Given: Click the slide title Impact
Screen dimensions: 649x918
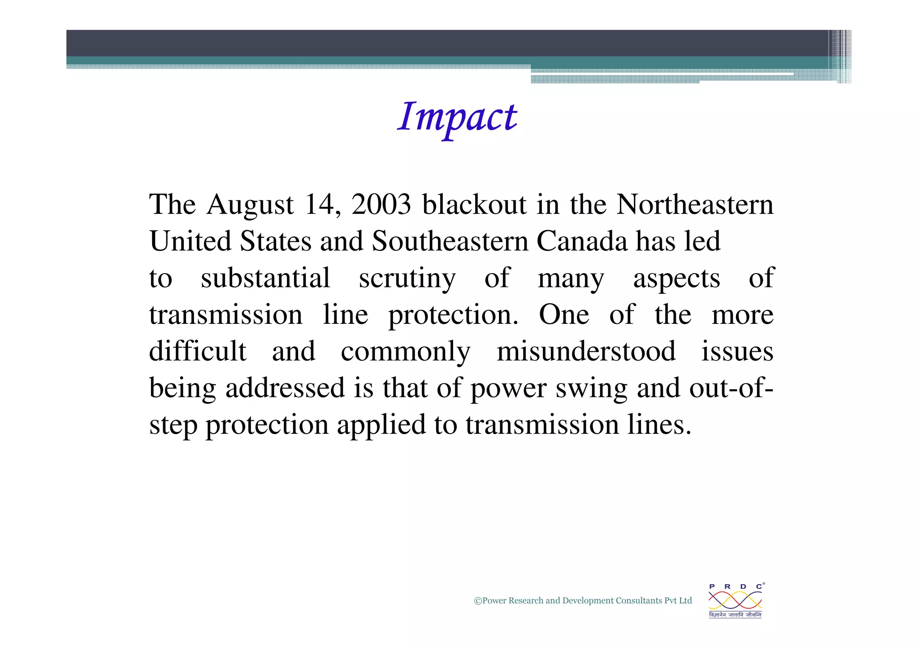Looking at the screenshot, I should (x=457, y=118).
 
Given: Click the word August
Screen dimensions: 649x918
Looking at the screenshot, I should (x=250, y=205).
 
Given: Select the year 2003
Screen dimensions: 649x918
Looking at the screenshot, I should (x=381, y=205).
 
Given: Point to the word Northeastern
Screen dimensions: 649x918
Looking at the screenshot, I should (x=695, y=205).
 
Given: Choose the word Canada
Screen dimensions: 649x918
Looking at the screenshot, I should (x=582, y=241).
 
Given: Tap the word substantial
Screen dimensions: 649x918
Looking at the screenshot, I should (x=265, y=278).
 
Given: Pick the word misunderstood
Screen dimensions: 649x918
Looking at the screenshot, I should (x=586, y=351).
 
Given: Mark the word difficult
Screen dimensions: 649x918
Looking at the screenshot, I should (x=198, y=351).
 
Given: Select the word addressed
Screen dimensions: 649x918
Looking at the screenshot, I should (x=285, y=388).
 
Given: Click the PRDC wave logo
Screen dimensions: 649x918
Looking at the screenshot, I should (x=735, y=600).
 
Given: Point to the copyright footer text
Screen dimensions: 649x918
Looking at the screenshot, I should (x=583, y=601).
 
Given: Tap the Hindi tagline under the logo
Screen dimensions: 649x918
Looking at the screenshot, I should (x=735, y=615).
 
